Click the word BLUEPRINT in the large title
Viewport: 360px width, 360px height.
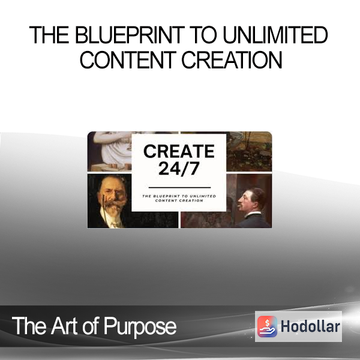click(130, 35)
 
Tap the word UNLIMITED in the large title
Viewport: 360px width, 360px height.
click(275, 35)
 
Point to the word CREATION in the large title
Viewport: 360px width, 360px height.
click(232, 60)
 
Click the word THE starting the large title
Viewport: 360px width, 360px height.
click(49, 35)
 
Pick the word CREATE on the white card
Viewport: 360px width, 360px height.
click(179, 151)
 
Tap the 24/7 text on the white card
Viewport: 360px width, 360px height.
click(179, 169)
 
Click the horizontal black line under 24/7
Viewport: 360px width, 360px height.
click(179, 188)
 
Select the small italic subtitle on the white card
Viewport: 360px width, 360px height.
click(179, 198)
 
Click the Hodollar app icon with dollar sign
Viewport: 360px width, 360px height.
click(267, 326)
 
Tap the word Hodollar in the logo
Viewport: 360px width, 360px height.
click(310, 326)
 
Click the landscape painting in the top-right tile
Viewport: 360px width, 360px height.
click(249, 152)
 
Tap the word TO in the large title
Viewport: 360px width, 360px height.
click(203, 35)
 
